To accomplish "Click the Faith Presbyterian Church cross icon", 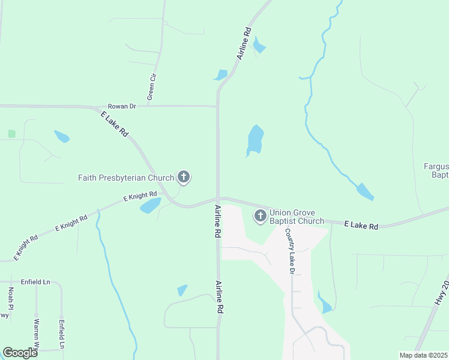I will pyautogui.click(x=184, y=177).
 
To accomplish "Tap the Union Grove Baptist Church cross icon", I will pyautogui.click(x=261, y=216).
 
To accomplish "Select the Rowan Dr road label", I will pyautogui.click(x=122, y=106).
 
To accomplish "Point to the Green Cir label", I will pyautogui.click(x=151, y=88).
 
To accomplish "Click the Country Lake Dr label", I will pyautogui.click(x=290, y=251).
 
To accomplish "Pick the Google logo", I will pyautogui.click(x=20, y=353).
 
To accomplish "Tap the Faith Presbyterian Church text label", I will pyautogui.click(x=126, y=177).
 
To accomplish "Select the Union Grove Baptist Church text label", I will pyautogui.click(x=297, y=217).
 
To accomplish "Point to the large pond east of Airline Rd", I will pyautogui.click(x=255, y=140).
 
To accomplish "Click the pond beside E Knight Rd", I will pyautogui.click(x=150, y=206).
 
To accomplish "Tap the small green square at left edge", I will pyautogui.click(x=11, y=133).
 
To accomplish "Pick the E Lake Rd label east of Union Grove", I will pyautogui.click(x=361, y=226).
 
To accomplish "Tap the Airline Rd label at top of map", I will pyautogui.click(x=244, y=43).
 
